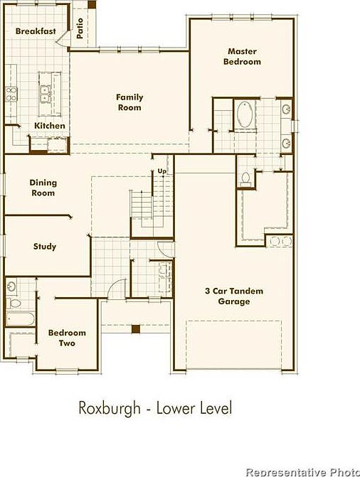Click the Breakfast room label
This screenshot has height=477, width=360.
click(x=36, y=31)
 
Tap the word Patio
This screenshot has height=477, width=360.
click(x=80, y=27)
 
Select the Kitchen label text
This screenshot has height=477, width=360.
click(x=50, y=126)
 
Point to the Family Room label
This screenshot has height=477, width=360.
click(x=130, y=102)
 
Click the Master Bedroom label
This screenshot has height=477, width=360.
click(x=242, y=56)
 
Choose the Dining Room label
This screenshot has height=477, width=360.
click(x=43, y=188)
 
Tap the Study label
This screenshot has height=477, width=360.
click(x=45, y=247)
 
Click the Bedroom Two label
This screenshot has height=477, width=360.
click(x=67, y=338)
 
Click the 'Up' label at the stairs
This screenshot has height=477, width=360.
click(x=162, y=171)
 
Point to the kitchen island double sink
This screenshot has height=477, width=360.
click(x=46, y=91)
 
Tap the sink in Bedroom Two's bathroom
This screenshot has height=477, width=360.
click(x=12, y=286)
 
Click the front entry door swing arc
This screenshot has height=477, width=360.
click(x=115, y=291)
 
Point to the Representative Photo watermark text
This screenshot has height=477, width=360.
click(x=302, y=471)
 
